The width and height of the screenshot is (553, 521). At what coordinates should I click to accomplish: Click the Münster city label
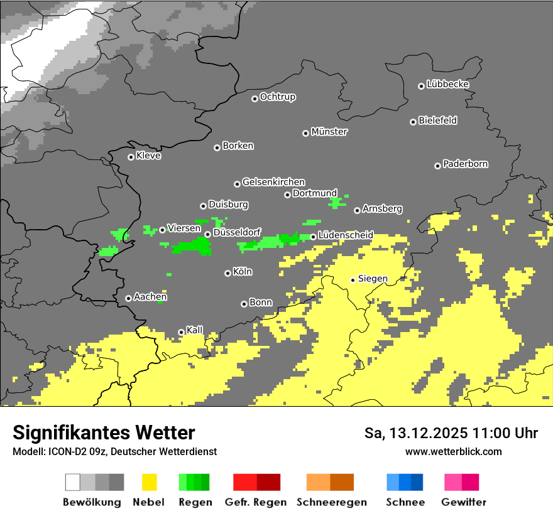329,132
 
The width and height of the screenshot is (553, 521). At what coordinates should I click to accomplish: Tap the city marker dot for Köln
227,273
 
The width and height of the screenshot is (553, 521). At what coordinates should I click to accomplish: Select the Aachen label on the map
150,297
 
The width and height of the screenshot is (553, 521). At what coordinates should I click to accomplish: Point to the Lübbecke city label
447,84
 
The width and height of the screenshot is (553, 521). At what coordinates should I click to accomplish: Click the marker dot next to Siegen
353,280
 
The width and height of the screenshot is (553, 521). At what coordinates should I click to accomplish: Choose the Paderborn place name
465,164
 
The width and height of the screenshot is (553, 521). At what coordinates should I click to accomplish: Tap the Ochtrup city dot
255,99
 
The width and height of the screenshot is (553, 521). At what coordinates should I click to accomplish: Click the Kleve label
148,156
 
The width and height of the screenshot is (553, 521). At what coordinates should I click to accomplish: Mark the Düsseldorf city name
237,232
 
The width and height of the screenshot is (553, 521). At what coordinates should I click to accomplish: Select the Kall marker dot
181,332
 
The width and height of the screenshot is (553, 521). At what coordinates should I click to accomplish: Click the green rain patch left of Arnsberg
337,203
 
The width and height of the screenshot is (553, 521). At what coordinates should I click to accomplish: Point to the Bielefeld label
437,121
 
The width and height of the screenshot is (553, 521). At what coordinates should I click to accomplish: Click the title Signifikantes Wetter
104,432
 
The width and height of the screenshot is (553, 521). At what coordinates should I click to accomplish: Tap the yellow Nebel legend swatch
149,482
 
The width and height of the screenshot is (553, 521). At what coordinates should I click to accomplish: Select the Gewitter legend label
463,502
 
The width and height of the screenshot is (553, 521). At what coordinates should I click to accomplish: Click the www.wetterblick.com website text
453,451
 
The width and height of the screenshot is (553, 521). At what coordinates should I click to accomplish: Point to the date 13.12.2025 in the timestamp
419,433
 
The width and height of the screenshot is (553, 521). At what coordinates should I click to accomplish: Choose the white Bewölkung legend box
73,482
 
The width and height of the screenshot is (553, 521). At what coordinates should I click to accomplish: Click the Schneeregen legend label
331,502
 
